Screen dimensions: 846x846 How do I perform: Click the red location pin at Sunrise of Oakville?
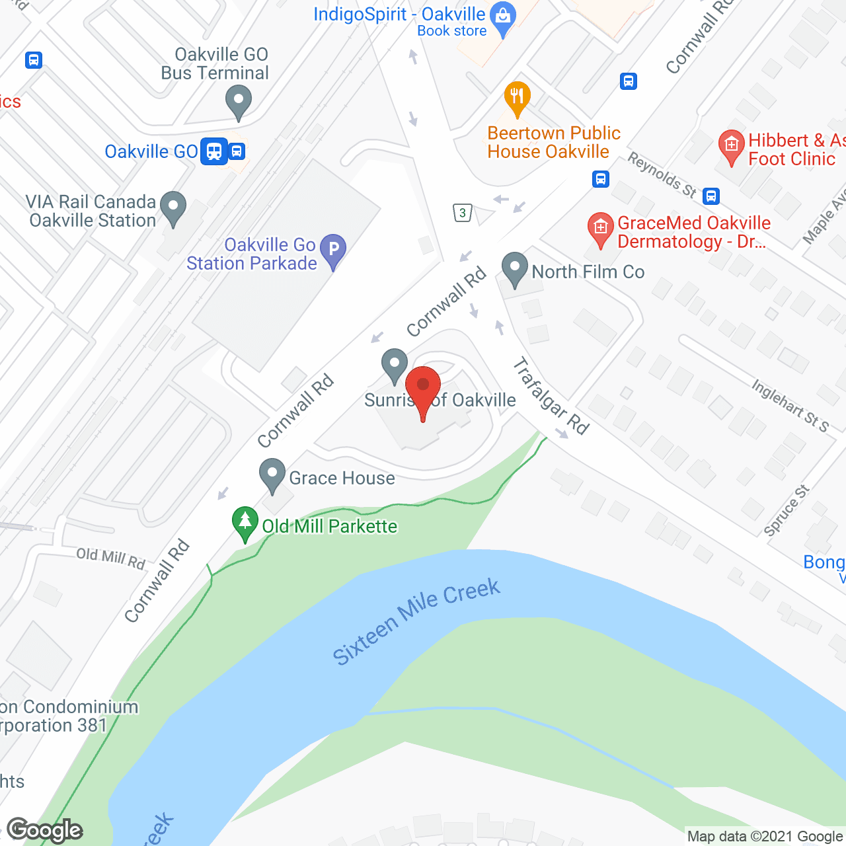(x=422, y=387)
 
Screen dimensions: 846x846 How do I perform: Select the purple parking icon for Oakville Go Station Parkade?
(x=333, y=250)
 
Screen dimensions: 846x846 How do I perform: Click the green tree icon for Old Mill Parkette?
(x=245, y=522)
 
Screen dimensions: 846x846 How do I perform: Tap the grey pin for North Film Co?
(x=514, y=269)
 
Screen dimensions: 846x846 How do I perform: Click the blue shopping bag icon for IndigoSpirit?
(x=504, y=18)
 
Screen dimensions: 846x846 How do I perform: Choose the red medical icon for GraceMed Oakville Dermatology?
(x=600, y=229)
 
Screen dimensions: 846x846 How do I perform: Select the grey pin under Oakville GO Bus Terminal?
(x=239, y=102)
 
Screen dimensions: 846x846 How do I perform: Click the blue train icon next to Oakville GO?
(x=214, y=151)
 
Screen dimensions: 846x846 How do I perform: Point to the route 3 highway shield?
(x=463, y=213)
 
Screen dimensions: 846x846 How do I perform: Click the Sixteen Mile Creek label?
(x=416, y=621)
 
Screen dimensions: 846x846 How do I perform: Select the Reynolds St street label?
(x=662, y=175)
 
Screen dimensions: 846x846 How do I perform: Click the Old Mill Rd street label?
(x=110, y=558)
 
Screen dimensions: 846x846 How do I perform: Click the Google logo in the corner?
(x=45, y=830)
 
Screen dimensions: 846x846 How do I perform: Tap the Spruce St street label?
(x=787, y=510)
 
